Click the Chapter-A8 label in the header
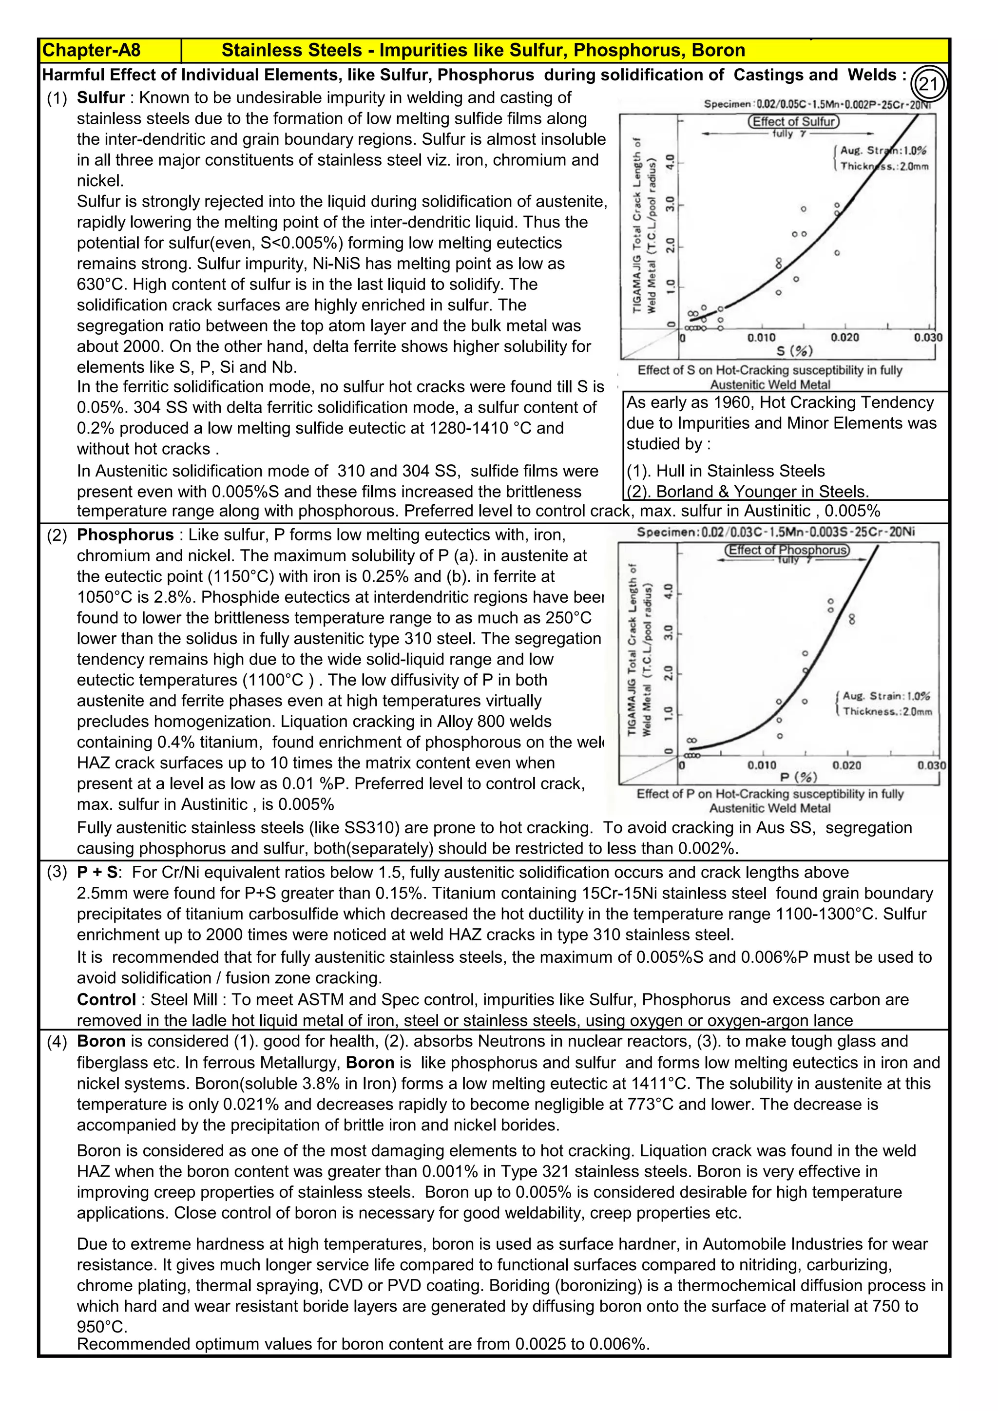point(91,50)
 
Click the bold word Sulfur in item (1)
point(101,98)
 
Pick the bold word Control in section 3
point(106,999)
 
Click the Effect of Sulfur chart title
point(793,122)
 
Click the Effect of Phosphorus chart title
point(787,550)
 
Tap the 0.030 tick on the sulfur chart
point(927,337)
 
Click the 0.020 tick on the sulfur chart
point(845,337)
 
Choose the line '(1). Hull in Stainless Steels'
point(725,471)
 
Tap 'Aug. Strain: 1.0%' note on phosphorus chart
point(885,696)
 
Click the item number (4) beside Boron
point(57,1042)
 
